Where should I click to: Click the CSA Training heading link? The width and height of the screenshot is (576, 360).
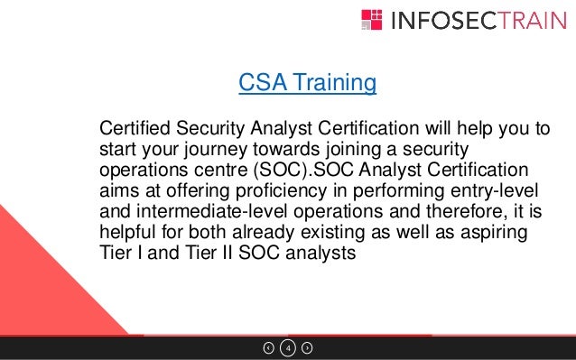click(x=307, y=84)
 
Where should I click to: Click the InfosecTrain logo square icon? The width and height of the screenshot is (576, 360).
click(x=372, y=20)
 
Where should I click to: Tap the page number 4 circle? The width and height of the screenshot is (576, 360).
click(x=287, y=347)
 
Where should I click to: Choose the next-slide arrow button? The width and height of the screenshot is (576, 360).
click(x=307, y=347)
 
